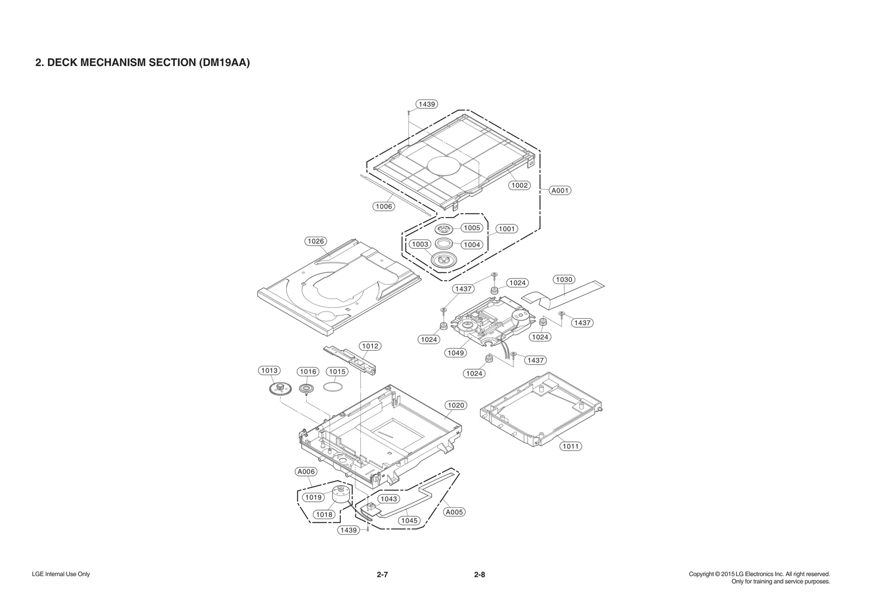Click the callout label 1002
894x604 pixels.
click(519, 185)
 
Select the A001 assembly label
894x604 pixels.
click(560, 190)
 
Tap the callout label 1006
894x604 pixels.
click(384, 206)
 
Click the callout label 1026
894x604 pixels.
click(316, 241)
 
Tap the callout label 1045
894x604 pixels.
click(409, 520)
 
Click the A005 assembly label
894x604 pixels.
click(454, 512)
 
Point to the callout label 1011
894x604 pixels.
click(570, 446)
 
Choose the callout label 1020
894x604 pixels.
click(455, 405)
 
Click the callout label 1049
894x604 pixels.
click(456, 353)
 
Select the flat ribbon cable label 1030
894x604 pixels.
click(564, 279)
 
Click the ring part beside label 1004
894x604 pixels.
click(445, 244)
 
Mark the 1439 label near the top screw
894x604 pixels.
click(427, 104)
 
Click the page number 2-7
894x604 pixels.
click(382, 574)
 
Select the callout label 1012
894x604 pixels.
click(370, 346)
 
